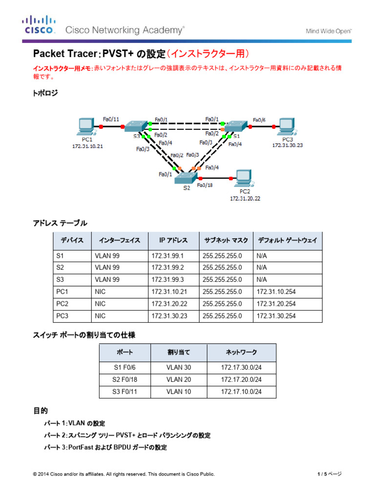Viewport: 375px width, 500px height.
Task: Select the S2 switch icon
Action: pyautogui.click(x=186, y=178)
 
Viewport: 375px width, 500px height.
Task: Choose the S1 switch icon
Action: pyautogui.click(x=236, y=126)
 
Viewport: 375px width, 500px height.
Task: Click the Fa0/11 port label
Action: pyautogui.click(x=111, y=119)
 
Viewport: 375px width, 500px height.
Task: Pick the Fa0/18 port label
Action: pyautogui.click(x=205, y=186)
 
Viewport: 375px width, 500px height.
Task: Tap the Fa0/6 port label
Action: pyautogui.click(x=260, y=120)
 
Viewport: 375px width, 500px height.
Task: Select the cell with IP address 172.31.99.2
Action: pyautogui.click(x=167, y=268)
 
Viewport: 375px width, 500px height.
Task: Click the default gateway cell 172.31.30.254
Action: pyautogui.click(x=276, y=316)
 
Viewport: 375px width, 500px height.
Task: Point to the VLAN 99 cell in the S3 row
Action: pyautogui.click(x=107, y=280)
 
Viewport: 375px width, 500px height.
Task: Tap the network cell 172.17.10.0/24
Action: pyautogui.click(x=241, y=392)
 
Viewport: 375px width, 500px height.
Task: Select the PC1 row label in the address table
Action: pyautogui.click(x=62, y=292)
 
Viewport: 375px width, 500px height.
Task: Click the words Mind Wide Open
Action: pyautogui.click(x=329, y=31)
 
